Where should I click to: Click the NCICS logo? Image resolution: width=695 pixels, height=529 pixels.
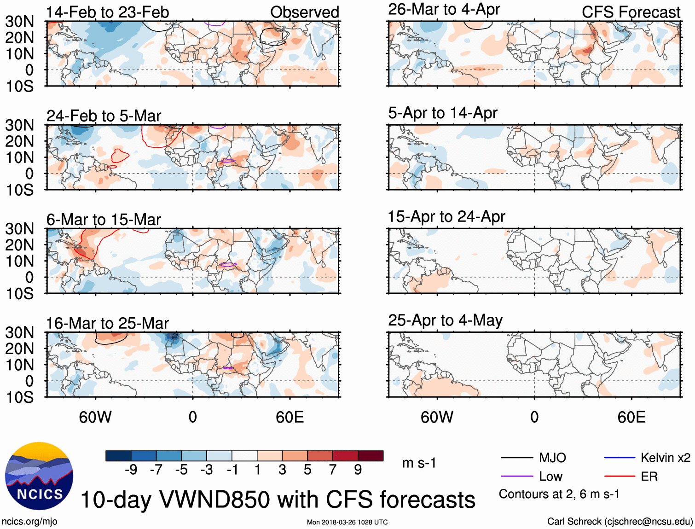pos(39,476)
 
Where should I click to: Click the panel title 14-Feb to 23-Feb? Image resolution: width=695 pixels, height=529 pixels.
pos(108,12)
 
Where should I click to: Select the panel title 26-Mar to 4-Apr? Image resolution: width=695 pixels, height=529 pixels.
pos(444,9)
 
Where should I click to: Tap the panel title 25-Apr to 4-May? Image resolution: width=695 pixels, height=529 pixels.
pos(445,320)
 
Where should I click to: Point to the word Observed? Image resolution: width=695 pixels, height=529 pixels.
pos(304,12)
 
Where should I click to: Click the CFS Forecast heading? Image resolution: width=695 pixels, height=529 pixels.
pos(631,12)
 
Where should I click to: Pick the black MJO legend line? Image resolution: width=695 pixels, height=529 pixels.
pos(516,458)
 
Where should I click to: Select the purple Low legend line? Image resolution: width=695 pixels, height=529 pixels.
pos(516,477)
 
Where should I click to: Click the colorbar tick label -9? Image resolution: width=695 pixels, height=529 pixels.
pos(131,470)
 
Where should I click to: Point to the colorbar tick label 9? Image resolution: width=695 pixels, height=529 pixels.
pos(358,470)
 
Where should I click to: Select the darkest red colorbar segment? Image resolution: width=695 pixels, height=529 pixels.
pos(371,456)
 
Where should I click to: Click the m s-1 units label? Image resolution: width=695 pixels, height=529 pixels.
pos(419,463)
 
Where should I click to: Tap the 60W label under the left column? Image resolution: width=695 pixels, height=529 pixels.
pos(95,417)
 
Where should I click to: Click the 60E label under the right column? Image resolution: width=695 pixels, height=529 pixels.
pos(631,417)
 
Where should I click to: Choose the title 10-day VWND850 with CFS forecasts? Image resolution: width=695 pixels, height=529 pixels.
pos(278,500)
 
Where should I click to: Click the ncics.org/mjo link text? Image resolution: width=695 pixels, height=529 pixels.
pos(29,522)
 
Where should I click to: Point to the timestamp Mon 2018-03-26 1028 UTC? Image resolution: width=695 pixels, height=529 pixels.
pos(347,522)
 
